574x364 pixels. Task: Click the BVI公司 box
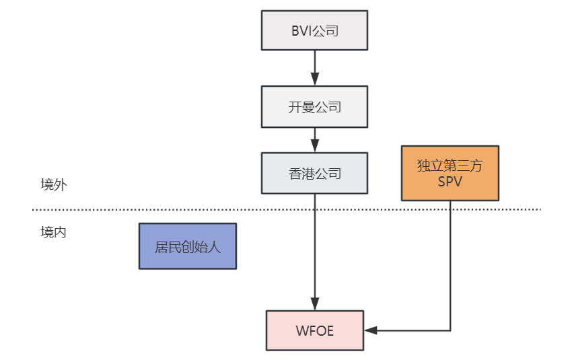point(314,30)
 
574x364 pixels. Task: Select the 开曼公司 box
point(314,106)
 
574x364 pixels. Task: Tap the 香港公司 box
point(314,174)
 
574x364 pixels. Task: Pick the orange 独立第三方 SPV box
point(450,173)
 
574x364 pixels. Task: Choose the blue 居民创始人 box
point(187,246)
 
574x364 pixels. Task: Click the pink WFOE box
point(314,330)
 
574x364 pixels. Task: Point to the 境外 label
point(53,185)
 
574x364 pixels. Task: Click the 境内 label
point(53,233)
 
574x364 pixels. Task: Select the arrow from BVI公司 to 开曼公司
point(314,67)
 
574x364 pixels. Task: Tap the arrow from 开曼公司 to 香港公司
point(314,139)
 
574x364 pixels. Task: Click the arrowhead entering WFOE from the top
point(314,305)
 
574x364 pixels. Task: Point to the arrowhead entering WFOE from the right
point(369,330)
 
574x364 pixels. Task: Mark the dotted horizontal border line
point(202,210)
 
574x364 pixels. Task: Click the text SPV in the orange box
point(450,182)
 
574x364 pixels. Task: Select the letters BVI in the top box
point(301,30)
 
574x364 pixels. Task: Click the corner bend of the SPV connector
point(450,330)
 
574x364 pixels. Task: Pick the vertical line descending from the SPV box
point(450,269)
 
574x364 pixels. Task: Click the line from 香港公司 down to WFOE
point(314,249)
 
